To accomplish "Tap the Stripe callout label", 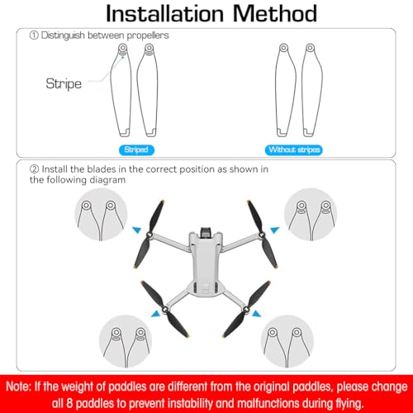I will click(x=63, y=83).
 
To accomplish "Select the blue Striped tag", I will click(x=135, y=150).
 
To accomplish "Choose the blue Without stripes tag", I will click(x=295, y=150).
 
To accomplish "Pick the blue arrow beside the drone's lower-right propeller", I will click(x=255, y=312).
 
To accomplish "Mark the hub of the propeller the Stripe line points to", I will click(x=124, y=51).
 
